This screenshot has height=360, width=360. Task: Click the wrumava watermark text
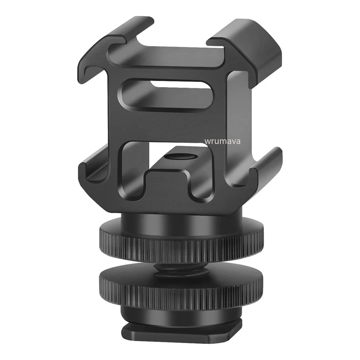point(222,141)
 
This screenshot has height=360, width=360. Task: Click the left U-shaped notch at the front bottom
point(135,180)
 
